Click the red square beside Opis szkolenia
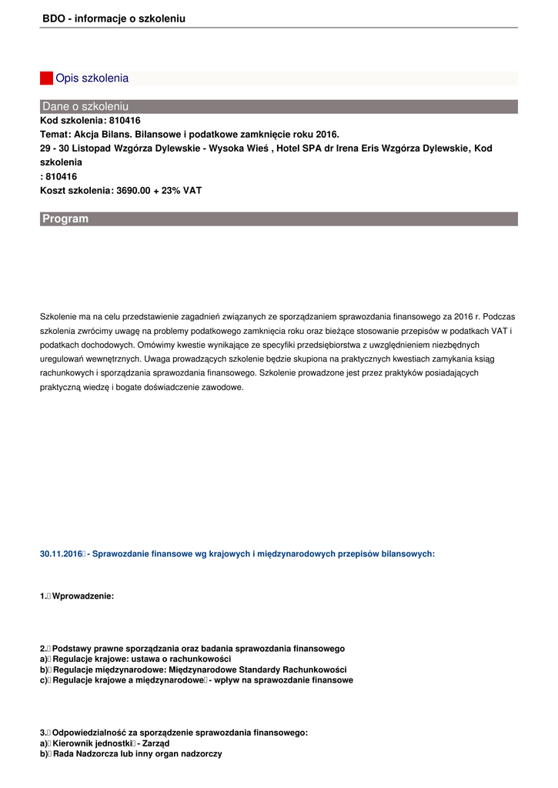tap(46, 78)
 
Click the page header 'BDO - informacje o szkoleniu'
tap(114, 18)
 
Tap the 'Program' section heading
tap(65, 219)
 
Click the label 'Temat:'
tap(55, 134)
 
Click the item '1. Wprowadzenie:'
tap(77, 596)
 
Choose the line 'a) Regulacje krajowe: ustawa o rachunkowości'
tap(135, 659)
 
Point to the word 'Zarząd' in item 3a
tap(155, 744)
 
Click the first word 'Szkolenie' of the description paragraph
tap(56, 316)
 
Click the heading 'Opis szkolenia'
tap(92, 78)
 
